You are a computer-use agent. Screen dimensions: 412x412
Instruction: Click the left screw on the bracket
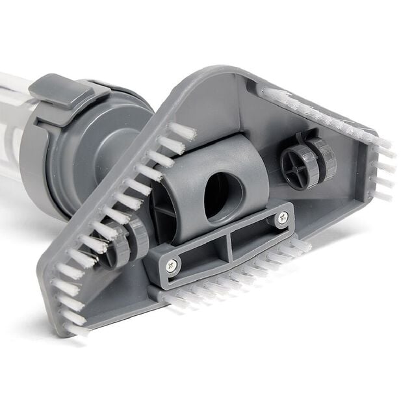tap(172, 264)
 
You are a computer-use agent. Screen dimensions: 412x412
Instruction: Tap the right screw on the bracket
tap(282, 219)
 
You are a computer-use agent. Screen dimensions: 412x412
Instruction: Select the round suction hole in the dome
tap(223, 196)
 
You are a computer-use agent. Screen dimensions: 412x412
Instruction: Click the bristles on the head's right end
tap(383, 169)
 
